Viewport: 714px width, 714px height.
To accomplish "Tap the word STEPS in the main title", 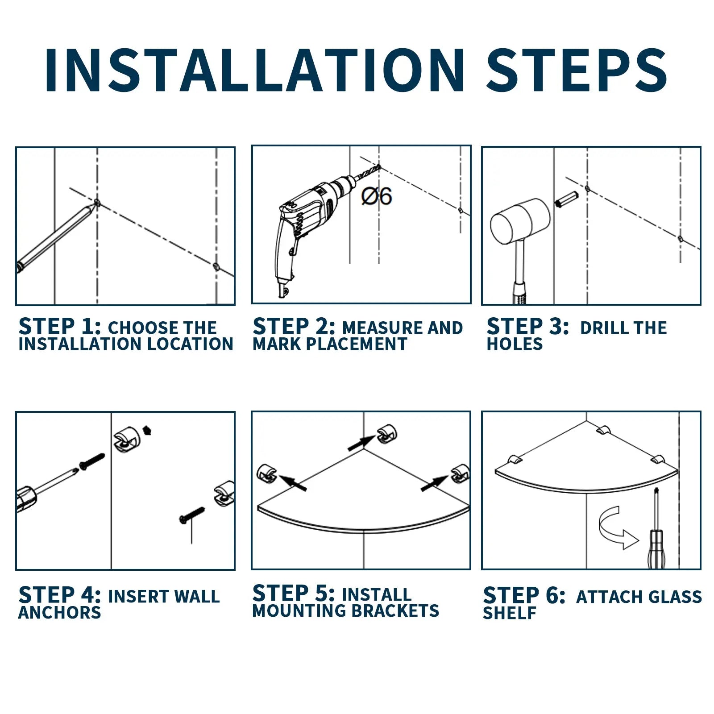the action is [577, 70].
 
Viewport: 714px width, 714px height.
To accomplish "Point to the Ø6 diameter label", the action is [377, 196].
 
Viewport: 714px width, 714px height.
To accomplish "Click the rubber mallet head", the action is [520, 221].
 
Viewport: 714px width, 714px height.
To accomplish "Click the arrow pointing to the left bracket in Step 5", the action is [293, 483].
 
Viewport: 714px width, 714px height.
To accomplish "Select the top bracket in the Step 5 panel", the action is [386, 434].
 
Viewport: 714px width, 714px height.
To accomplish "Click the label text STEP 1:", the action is [60, 327].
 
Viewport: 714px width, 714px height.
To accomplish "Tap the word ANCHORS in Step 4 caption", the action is [60, 613].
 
